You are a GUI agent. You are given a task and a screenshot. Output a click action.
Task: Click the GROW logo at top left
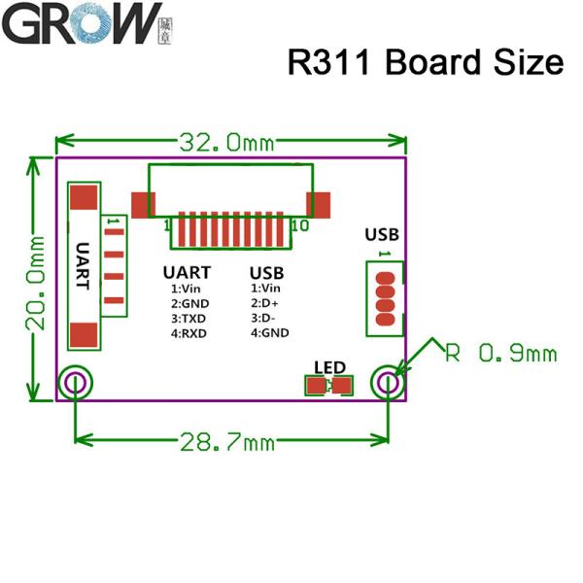(82, 23)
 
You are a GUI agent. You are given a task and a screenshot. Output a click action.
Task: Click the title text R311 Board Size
(426, 62)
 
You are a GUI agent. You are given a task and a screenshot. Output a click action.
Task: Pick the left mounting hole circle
(75, 383)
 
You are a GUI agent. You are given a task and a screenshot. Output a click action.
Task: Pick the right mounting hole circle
(388, 383)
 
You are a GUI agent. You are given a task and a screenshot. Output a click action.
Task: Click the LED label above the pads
(330, 366)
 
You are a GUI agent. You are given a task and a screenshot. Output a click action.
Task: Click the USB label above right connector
(381, 234)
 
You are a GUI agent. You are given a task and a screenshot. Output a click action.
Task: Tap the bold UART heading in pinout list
(187, 273)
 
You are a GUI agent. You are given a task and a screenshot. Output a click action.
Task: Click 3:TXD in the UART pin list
(189, 318)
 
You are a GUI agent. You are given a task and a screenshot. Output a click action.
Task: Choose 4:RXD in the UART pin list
(189, 332)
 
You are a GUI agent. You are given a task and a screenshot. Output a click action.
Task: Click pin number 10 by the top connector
(299, 225)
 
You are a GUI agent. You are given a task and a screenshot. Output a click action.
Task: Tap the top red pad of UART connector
(86, 197)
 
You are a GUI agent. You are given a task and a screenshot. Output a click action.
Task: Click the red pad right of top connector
(320, 204)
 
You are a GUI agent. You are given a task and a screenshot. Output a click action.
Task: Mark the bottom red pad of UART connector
(86, 336)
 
